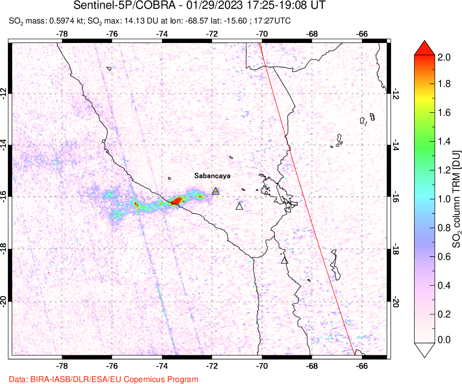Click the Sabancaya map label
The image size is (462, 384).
[x=212, y=176]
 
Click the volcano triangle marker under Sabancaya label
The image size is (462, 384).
[x=216, y=191]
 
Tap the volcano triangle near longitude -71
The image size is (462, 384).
[x=239, y=206]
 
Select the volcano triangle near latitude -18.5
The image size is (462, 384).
[x=285, y=260]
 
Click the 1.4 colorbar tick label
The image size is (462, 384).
[x=444, y=142]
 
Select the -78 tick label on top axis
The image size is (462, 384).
[x=62, y=34]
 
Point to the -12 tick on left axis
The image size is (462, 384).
[x=4, y=93]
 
